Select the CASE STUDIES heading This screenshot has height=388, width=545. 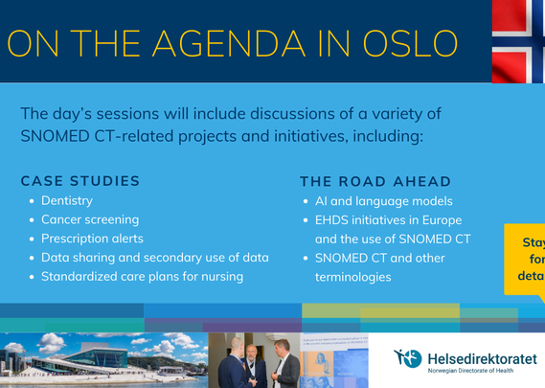pos(80,181)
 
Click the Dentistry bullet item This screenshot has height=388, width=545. pos(67,201)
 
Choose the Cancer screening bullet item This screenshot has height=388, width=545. pos(89,219)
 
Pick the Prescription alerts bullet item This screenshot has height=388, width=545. pos(92,239)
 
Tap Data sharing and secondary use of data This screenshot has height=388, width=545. pos(154,258)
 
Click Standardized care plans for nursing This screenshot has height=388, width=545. pos(142,277)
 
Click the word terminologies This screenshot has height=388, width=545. pos(352,277)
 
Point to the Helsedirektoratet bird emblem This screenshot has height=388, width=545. pos(407,358)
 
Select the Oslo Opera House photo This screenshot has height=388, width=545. pos(103,360)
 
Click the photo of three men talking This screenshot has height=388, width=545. pos(254,360)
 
